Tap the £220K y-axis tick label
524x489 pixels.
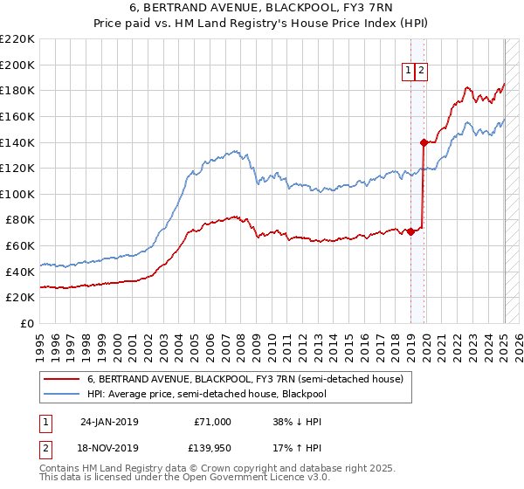pos(17,39)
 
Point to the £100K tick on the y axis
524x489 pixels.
pos(17,194)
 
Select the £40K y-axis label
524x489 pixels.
pos(20,272)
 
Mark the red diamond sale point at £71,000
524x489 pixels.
pos(410,231)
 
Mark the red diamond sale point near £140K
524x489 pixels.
pos(424,141)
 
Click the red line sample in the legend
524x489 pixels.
pos(62,379)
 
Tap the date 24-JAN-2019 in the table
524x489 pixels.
pos(109,422)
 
